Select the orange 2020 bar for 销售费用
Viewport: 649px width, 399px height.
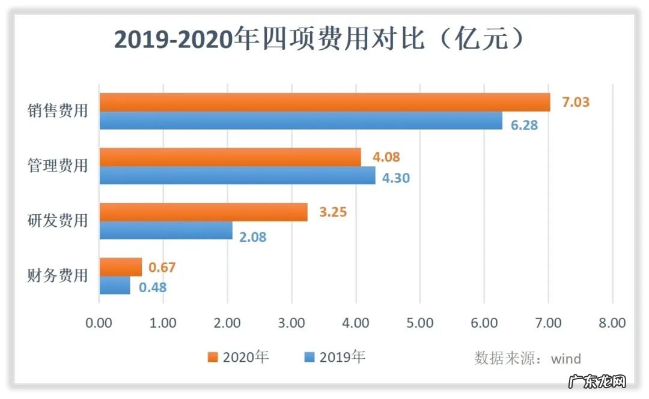(x=324, y=102)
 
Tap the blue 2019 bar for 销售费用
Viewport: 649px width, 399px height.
(x=300, y=121)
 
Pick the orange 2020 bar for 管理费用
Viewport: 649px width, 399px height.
(x=230, y=157)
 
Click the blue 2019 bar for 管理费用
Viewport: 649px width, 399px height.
(x=237, y=176)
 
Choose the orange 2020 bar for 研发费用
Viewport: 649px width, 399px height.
(x=203, y=212)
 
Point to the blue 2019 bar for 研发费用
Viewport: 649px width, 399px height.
(x=166, y=231)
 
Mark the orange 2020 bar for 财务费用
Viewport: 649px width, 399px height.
(x=120, y=267)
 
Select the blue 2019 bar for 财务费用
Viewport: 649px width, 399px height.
(x=114, y=286)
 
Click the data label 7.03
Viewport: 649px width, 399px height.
(x=575, y=102)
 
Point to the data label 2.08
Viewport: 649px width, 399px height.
(x=252, y=237)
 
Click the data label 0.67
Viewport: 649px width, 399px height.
(x=162, y=268)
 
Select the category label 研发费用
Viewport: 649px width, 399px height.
(x=58, y=221)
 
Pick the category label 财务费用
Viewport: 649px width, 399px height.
(x=58, y=276)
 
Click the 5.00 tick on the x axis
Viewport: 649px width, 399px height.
(x=419, y=323)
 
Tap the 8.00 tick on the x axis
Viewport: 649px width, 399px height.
(x=612, y=323)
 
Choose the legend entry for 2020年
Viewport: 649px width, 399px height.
(x=239, y=358)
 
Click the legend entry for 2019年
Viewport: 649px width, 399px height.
(x=335, y=358)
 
